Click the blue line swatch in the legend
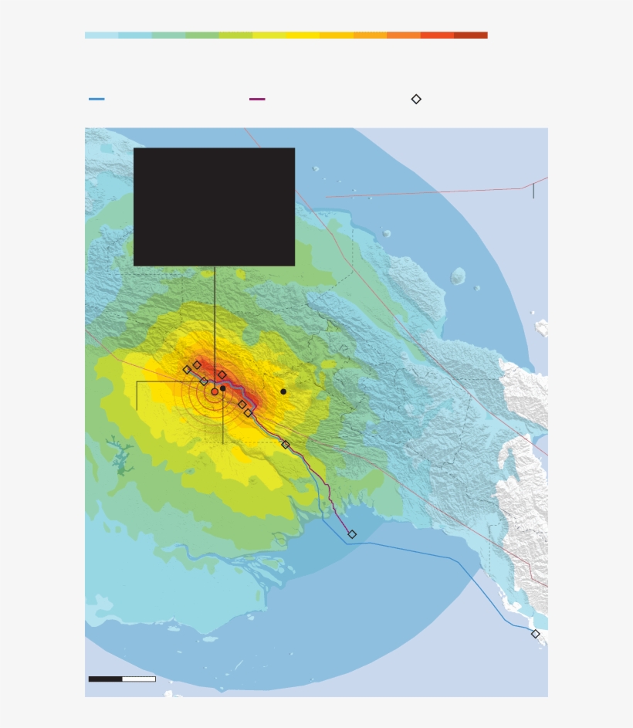[96, 99]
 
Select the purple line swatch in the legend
[257, 99]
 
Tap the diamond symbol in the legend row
[416, 99]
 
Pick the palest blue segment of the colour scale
[101, 35]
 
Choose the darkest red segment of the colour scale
[470, 35]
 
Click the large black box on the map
[214, 206]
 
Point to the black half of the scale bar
[105, 679]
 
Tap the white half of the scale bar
[139, 679]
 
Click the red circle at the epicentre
[215, 391]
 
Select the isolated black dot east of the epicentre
[283, 391]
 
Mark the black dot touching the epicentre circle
[223, 388]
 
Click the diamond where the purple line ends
[352, 534]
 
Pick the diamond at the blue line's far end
[535, 634]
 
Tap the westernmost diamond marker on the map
[187, 370]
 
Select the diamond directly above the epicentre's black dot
[222, 375]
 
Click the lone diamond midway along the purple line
[286, 445]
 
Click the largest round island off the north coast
[458, 276]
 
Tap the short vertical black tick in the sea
[533, 191]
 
